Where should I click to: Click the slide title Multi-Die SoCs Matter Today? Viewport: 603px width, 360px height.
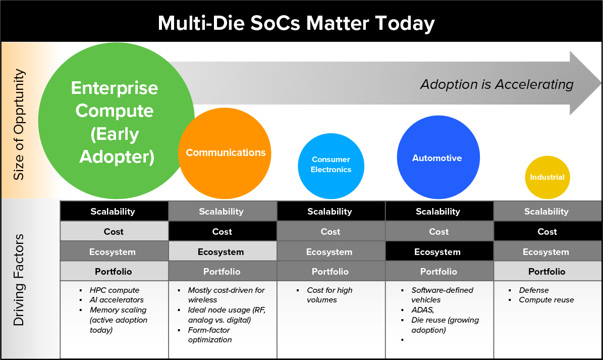point(296,23)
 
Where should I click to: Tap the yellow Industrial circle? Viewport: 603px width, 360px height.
point(547,177)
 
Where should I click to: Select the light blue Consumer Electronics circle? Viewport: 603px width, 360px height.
point(331,165)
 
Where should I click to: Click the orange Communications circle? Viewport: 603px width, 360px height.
point(225,152)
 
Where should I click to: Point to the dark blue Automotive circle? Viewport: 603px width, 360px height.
point(437,158)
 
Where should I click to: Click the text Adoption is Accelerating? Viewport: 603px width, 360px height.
point(497,84)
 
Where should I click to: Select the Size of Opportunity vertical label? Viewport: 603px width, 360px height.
point(19,124)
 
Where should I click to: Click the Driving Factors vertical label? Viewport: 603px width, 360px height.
point(19,279)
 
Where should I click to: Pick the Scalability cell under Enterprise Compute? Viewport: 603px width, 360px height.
point(113,211)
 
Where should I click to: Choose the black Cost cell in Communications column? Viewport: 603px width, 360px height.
point(222,232)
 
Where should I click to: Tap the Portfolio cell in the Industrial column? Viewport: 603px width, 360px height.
point(547,272)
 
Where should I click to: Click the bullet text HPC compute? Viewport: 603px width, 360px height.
point(115,290)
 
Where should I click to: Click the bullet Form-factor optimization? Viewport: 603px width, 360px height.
point(209,335)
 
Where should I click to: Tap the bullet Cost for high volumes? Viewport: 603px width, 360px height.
point(330,295)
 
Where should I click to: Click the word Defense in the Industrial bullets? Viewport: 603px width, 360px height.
point(534,290)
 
